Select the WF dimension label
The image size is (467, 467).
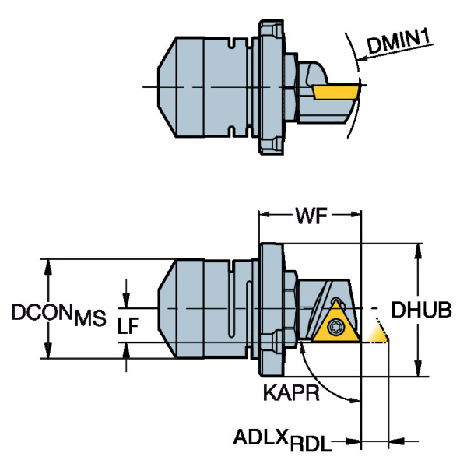(x=311, y=216)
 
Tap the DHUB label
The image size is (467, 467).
(x=421, y=310)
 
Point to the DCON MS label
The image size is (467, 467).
(x=58, y=314)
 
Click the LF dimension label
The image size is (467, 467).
(x=128, y=325)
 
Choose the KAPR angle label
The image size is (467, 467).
(x=291, y=392)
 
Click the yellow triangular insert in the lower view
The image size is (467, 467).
(x=336, y=325)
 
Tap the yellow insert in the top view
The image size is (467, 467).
(x=335, y=92)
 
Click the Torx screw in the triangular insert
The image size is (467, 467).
(x=336, y=327)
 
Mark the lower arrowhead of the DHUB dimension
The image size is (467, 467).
(x=418, y=367)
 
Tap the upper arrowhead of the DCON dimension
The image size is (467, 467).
(x=48, y=268)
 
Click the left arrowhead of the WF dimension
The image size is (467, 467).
(x=265, y=214)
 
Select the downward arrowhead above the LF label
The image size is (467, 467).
(x=126, y=299)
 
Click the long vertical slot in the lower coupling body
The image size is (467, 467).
(x=232, y=310)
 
